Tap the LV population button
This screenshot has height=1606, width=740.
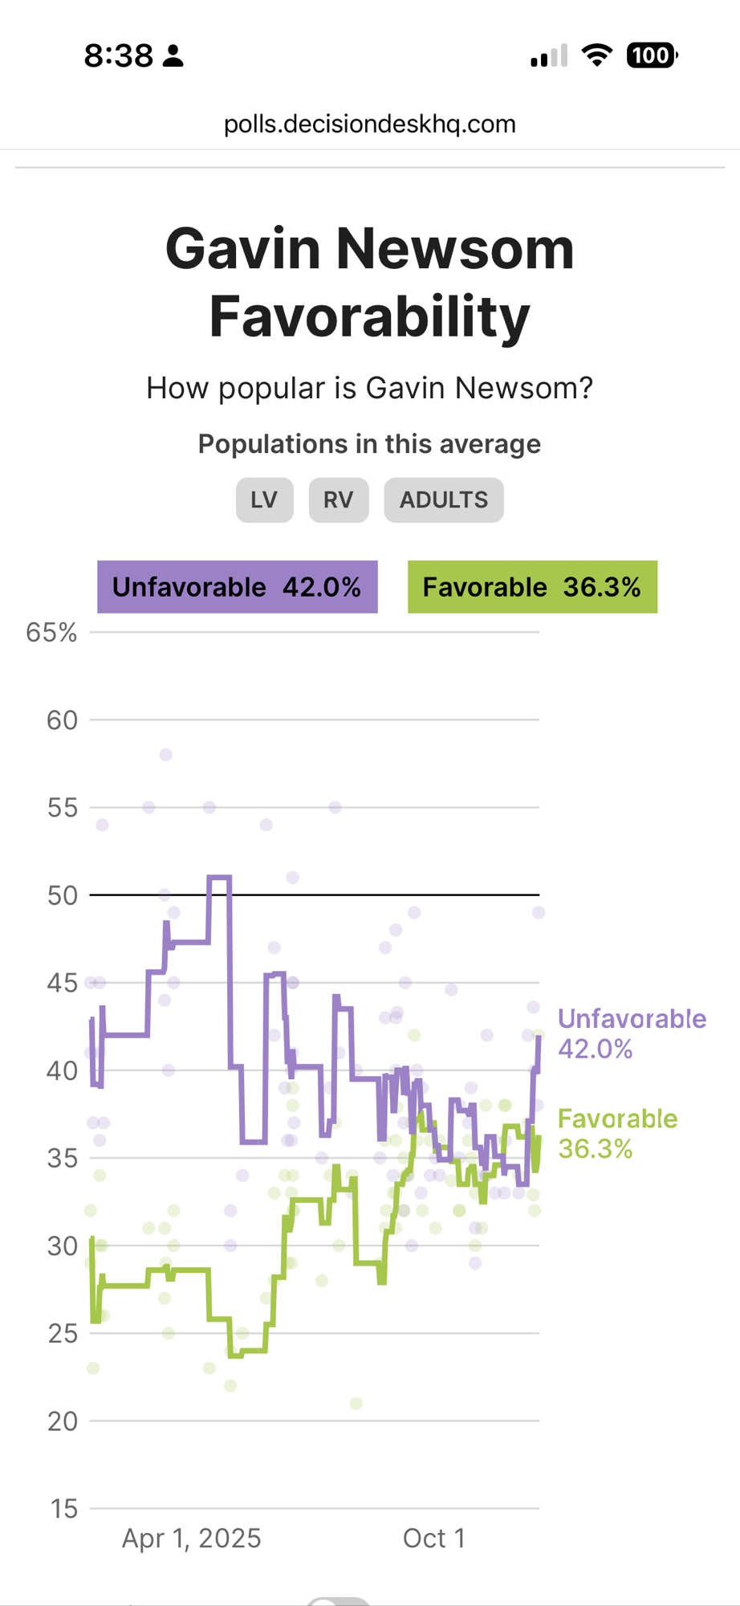(264, 499)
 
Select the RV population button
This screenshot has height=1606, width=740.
(338, 499)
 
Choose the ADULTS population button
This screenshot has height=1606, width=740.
(443, 499)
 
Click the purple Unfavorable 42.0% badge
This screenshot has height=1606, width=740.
(237, 587)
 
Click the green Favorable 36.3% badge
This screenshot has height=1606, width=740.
(532, 587)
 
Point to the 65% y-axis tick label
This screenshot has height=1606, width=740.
(51, 633)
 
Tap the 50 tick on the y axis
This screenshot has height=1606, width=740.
(62, 895)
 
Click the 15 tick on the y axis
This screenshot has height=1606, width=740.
(63, 1509)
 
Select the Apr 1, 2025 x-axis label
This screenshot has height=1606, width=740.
(191, 1538)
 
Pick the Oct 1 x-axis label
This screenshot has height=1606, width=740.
(433, 1538)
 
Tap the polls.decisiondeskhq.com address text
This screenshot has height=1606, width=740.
(369, 124)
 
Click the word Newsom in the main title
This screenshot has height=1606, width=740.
(454, 249)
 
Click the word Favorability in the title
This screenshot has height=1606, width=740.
(369, 316)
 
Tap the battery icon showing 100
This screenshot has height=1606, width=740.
(651, 55)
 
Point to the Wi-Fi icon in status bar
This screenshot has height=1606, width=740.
(596, 55)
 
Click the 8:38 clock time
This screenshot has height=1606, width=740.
(118, 55)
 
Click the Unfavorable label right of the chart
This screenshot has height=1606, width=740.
(632, 1018)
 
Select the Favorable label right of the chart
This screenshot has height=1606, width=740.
(617, 1119)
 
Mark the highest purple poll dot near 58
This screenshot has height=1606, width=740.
(165, 755)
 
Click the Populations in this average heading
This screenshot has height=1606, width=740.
(369, 444)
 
